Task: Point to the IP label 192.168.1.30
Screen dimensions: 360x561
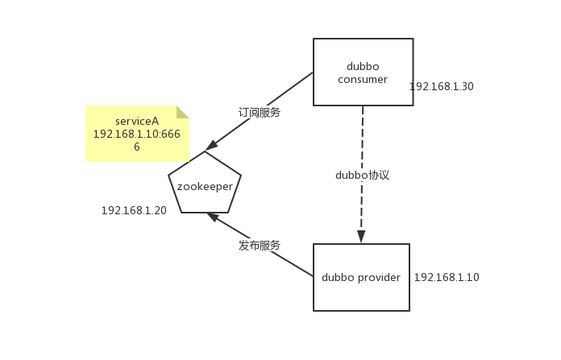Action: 441,87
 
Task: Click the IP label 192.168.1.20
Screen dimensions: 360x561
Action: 134,211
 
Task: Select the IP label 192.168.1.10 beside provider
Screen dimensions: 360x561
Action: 447,278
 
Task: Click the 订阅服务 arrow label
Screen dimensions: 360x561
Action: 260,113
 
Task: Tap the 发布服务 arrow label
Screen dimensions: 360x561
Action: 260,246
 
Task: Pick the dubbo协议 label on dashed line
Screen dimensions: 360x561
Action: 362,175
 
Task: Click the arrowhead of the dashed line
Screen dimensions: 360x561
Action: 361,237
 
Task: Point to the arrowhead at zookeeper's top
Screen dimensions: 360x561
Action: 211,146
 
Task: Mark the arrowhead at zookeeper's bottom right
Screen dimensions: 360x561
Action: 212,216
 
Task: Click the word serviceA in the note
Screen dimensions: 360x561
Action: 137,122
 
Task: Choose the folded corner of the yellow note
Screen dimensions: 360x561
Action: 183,112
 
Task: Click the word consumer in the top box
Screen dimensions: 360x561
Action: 363,80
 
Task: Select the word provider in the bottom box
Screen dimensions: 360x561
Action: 378,278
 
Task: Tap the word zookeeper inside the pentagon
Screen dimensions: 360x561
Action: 205,186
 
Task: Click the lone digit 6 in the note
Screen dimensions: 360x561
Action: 137,148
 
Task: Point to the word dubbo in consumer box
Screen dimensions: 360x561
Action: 363,67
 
